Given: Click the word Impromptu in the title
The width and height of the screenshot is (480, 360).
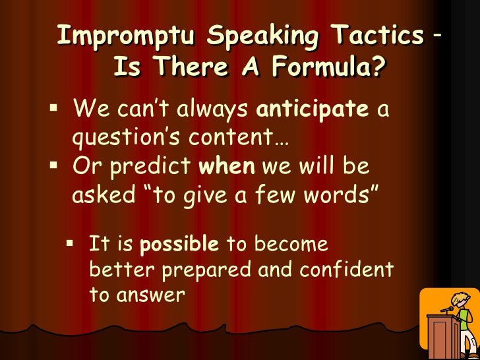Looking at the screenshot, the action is [x=125, y=35].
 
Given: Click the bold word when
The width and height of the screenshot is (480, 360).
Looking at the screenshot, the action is [x=227, y=165].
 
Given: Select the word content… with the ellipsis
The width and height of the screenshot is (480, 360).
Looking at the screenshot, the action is [x=239, y=136].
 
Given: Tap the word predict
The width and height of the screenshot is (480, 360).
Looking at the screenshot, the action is [x=150, y=167].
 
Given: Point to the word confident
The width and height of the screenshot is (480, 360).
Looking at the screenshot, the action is [x=346, y=269].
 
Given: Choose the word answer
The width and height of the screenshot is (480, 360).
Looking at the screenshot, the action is [x=150, y=295].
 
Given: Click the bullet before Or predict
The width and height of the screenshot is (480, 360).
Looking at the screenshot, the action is [x=53, y=165].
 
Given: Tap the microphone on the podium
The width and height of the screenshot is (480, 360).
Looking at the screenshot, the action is [x=448, y=309].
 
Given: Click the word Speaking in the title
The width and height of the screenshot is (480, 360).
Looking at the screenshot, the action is [x=262, y=36].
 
